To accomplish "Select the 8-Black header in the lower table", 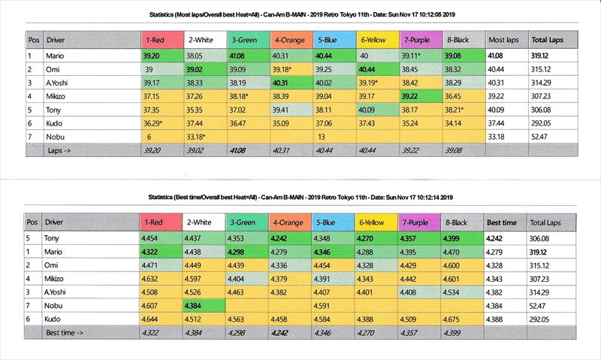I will click(x=458, y=222).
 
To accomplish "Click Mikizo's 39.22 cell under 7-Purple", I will click(x=413, y=95).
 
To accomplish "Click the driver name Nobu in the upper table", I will click(x=56, y=137).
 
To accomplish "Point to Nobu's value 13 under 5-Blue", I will click(x=321, y=137).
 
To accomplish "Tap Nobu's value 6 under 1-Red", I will click(x=149, y=137).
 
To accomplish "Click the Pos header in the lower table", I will click(x=32, y=222).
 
